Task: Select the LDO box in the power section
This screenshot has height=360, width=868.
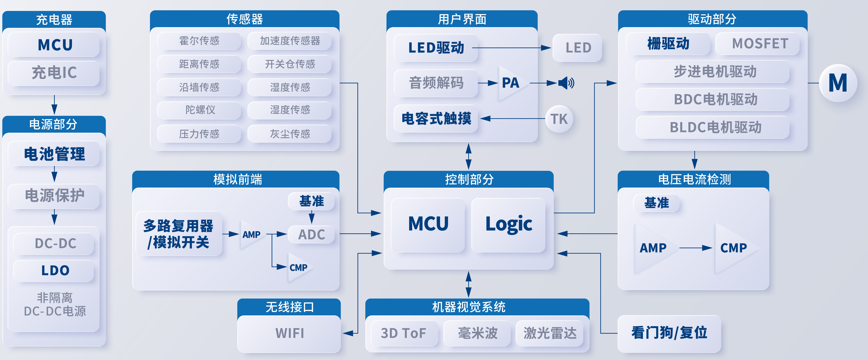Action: [54, 270]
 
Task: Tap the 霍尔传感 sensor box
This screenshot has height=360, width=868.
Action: [199, 41]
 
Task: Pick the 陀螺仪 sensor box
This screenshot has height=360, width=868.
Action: [199, 110]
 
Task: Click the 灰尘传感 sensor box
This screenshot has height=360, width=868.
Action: [290, 134]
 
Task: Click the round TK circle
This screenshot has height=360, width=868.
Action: [559, 119]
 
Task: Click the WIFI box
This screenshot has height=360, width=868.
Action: [289, 333]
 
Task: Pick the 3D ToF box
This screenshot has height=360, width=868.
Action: [404, 333]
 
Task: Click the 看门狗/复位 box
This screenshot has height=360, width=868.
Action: [669, 333]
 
